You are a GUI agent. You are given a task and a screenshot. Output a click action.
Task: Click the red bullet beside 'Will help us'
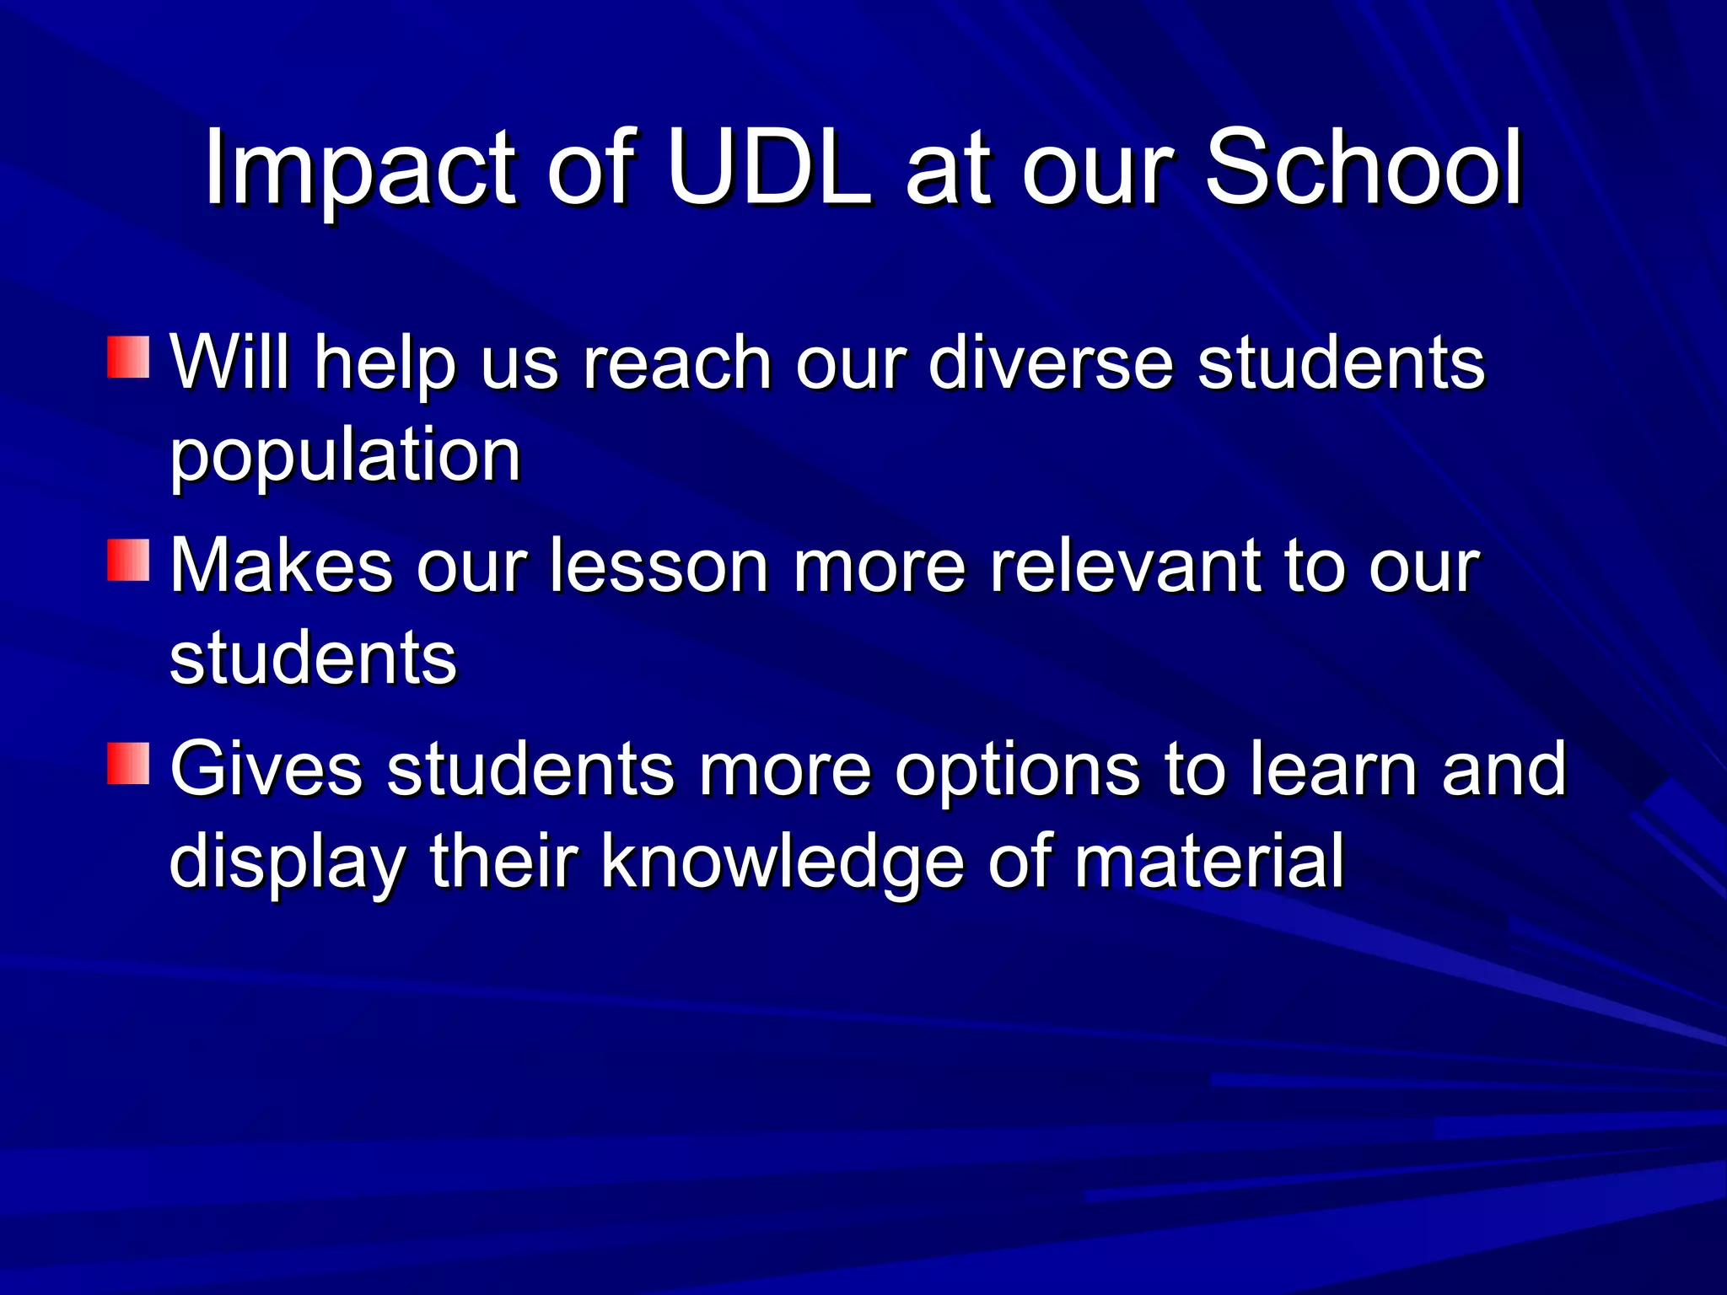coord(128,357)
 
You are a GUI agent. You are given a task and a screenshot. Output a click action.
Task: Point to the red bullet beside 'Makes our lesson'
coord(128,561)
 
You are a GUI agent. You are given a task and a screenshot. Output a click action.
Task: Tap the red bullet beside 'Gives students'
coord(128,763)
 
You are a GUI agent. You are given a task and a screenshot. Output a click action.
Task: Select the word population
coord(345,457)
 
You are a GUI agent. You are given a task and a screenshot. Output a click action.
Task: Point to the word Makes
coord(282,566)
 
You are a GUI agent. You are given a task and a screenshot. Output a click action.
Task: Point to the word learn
coord(1333,769)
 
